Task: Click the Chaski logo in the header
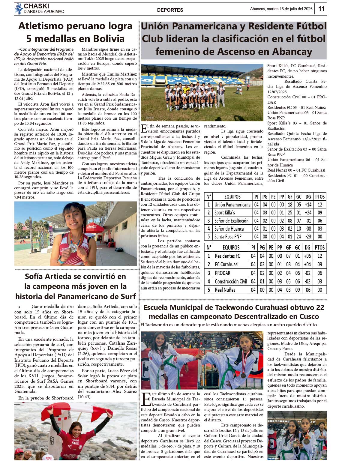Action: [19, 9]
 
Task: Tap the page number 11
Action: [321, 9]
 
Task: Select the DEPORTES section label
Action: [170, 10]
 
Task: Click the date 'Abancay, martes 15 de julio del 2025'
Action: [281, 9]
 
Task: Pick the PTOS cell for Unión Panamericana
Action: [320, 205]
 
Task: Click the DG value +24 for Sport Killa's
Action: [308, 213]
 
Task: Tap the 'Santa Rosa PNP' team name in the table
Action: [228, 237]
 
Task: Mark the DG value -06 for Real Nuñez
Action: [307, 290]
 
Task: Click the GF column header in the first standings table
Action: [290, 197]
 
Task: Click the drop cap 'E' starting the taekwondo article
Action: [146, 399]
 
